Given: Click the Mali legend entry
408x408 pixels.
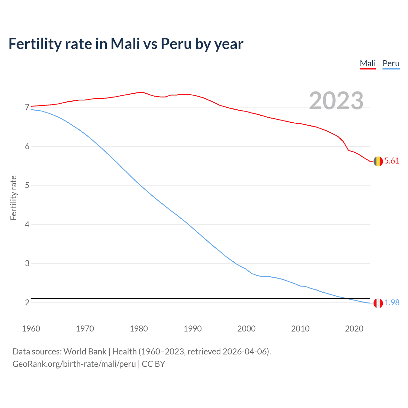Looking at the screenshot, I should [368, 63].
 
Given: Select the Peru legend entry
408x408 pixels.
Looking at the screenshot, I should [391, 63].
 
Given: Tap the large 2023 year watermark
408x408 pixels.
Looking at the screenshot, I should [336, 101].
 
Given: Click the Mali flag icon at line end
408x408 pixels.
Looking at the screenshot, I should [378, 161].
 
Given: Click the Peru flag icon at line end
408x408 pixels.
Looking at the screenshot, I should [378, 303].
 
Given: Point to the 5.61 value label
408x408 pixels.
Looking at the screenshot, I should [392, 161].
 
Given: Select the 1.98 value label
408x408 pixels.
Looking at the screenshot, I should [392, 303].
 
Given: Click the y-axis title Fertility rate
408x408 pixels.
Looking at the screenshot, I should [13, 198].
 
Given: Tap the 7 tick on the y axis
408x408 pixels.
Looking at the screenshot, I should [27, 107].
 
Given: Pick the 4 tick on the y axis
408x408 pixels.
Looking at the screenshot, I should [27, 225].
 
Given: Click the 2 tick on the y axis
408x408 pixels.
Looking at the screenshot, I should [27, 303].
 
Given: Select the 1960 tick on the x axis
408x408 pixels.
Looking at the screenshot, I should [31, 329].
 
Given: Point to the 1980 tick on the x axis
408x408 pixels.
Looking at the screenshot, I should [139, 329].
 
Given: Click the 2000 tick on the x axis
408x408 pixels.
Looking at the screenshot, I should [246, 329].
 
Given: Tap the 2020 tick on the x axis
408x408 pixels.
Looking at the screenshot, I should [354, 329].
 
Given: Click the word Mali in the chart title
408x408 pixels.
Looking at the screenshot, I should [125, 44].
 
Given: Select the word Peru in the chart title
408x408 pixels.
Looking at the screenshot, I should [176, 44].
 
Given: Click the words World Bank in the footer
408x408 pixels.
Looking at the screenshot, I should [85, 352].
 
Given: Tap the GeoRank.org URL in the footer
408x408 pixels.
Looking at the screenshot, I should [74, 364].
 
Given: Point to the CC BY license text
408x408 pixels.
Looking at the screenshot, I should [153, 364].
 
